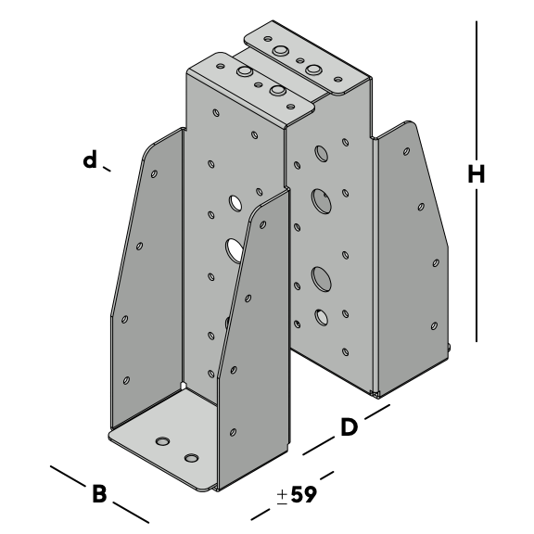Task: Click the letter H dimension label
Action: tap(477, 173)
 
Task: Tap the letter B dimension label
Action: tap(99, 493)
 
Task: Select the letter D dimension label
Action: tap(350, 427)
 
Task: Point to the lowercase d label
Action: tap(90, 159)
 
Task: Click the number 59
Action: tap(304, 494)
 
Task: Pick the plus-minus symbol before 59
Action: tap(282, 497)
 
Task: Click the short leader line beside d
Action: tap(107, 169)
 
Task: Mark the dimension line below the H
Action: tap(477, 266)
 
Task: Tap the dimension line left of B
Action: tap(68, 477)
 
